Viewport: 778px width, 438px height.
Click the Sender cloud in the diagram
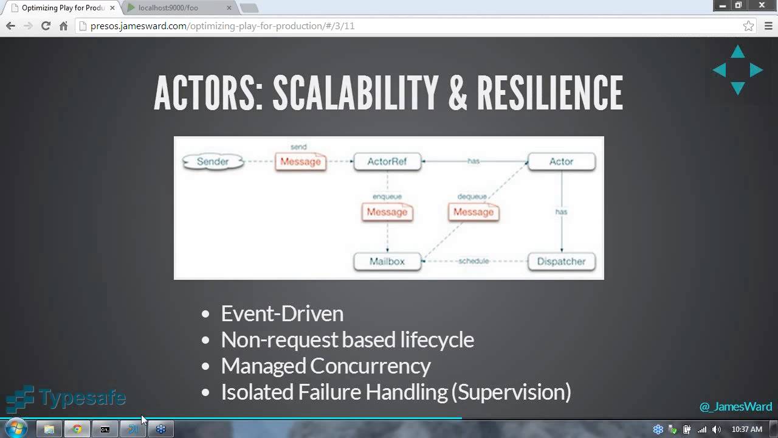click(213, 162)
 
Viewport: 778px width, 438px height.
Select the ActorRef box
click(387, 162)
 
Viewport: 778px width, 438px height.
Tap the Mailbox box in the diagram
click(387, 262)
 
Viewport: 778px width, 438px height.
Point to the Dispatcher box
click(561, 262)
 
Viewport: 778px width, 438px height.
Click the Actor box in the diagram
click(561, 162)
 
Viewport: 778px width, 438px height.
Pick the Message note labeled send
click(300, 162)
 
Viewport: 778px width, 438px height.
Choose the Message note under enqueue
click(387, 212)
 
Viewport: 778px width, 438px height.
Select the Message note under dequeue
click(473, 212)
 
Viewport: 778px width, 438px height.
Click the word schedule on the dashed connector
click(473, 261)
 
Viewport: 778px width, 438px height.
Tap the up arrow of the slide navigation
click(738, 52)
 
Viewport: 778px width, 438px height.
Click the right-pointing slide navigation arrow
click(756, 70)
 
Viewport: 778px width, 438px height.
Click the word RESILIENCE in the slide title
click(549, 94)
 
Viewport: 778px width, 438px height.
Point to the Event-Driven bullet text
click(282, 313)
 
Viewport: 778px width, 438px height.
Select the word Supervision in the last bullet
click(511, 392)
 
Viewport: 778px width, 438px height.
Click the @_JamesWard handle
click(735, 406)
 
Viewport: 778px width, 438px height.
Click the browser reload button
click(46, 26)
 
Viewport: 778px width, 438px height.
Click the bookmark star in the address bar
click(749, 26)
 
